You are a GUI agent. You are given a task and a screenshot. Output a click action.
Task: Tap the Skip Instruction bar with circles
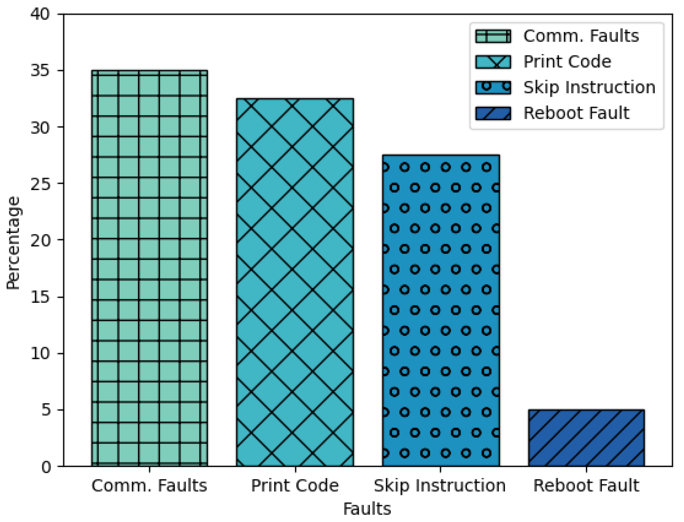coord(441,311)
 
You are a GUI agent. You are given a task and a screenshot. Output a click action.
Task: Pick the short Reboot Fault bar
coord(586,438)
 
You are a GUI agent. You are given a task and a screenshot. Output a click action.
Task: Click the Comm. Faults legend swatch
coord(493,36)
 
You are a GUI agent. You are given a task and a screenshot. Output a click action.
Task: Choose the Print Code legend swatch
coord(493,62)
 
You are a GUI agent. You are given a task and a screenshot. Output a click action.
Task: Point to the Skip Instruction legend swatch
coord(493,87)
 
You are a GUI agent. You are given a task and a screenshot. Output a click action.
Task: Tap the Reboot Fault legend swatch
coord(493,113)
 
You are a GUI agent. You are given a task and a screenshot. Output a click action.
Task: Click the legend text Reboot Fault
coord(576,113)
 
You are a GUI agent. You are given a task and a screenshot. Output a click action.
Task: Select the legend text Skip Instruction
coord(589,87)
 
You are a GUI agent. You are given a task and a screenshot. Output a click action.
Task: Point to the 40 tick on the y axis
coord(40,14)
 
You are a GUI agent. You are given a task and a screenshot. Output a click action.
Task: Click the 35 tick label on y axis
coord(40,71)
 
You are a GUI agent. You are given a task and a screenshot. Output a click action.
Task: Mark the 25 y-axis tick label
coord(40,184)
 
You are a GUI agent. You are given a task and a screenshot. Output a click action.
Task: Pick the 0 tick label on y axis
coord(46,467)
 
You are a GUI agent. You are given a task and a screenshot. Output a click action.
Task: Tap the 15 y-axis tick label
coord(40,297)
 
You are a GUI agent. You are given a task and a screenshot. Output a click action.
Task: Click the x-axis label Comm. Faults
coord(149,485)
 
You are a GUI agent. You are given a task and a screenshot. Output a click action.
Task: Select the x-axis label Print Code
coord(295,485)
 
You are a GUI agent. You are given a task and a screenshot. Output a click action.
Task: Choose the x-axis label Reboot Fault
coord(586,485)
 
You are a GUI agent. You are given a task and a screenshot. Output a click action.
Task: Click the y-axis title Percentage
coord(13,243)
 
